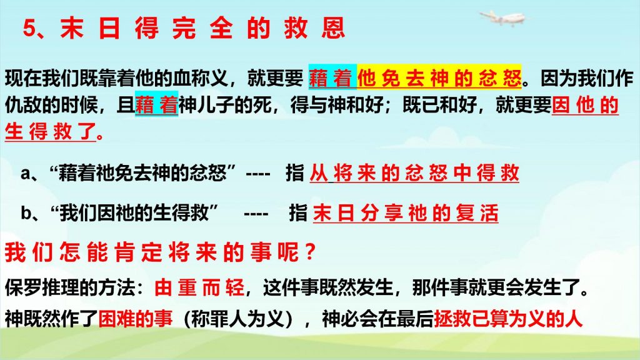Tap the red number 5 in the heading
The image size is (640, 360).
[30, 29]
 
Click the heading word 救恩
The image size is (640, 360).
[315, 29]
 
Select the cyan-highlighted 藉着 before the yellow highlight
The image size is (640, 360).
[332, 77]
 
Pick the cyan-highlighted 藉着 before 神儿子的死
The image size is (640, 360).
[156, 104]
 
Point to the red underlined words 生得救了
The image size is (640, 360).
[51, 131]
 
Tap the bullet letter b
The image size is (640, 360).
[26, 212]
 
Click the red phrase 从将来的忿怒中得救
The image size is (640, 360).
[414, 173]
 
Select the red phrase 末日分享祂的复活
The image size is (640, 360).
[406, 212]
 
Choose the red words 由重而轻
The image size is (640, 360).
[199, 287]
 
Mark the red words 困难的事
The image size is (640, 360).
[136, 318]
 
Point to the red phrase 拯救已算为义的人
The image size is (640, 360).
[508, 318]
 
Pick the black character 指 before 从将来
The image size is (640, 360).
[295, 173]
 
